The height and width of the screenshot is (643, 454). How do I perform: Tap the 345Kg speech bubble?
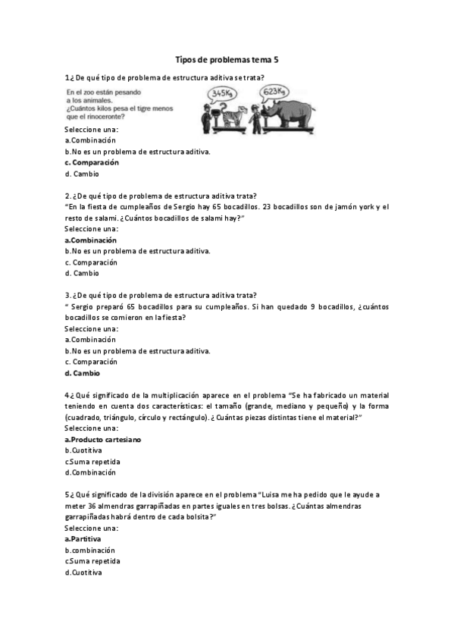223,94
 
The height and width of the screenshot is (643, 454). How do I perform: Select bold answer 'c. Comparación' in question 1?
92,162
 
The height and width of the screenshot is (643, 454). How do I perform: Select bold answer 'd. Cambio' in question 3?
82,373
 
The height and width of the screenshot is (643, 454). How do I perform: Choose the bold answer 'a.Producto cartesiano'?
103,439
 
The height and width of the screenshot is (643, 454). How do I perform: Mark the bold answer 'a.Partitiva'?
84,538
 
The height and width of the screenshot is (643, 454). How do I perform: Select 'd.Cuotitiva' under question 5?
83,572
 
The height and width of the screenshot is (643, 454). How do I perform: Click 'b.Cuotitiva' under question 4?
83,450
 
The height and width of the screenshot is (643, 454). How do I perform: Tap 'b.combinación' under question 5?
90,550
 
